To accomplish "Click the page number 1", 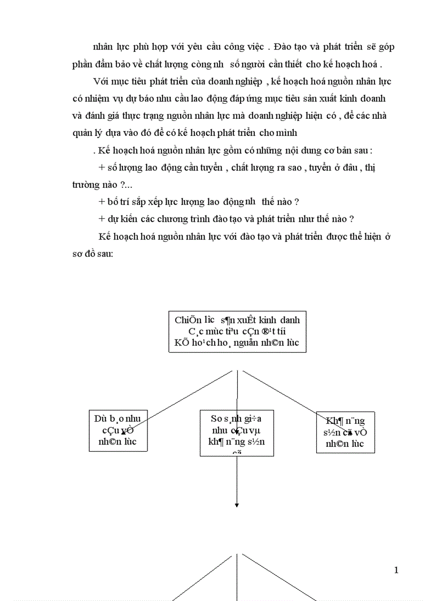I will coord(396,570).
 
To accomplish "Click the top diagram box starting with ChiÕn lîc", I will coord(237,331).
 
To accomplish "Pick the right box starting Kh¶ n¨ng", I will coord(345,432).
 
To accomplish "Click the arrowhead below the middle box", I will coord(237,504).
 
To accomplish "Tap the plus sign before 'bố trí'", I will coord(102,202).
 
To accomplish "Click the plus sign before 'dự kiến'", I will coord(102,219).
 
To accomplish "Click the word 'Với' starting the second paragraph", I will coord(101,82).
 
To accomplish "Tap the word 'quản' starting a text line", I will coord(82,133).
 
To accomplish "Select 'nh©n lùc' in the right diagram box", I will coord(345,444).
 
